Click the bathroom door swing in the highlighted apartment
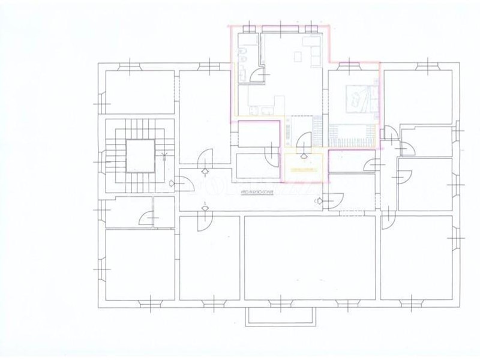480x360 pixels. (x=256, y=75)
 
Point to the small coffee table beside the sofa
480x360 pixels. (x=298, y=56)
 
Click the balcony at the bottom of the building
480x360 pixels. (x=281, y=316)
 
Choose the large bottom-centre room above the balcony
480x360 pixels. (x=311, y=258)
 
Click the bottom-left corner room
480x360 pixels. (x=139, y=264)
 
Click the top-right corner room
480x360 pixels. (x=418, y=96)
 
